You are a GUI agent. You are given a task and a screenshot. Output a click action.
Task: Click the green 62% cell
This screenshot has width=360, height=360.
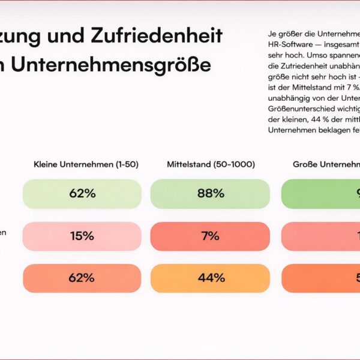pyautogui.click(x=82, y=193)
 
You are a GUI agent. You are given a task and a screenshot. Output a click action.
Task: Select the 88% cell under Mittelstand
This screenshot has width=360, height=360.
pyautogui.click(x=210, y=193)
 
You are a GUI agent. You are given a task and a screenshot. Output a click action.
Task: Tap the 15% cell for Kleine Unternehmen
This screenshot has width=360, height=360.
pyautogui.click(x=82, y=236)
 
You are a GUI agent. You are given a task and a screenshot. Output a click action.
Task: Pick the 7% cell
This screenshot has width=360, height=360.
pyautogui.click(x=210, y=236)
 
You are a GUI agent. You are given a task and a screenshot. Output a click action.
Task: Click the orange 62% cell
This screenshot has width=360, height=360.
pyautogui.click(x=82, y=278)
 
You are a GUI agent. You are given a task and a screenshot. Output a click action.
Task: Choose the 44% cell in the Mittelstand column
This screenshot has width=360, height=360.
pyautogui.click(x=210, y=278)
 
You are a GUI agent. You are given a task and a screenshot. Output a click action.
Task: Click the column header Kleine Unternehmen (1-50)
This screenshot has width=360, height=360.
pyautogui.click(x=86, y=164)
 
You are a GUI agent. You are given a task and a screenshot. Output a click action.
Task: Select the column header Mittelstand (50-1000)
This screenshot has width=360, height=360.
pyautogui.click(x=211, y=164)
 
